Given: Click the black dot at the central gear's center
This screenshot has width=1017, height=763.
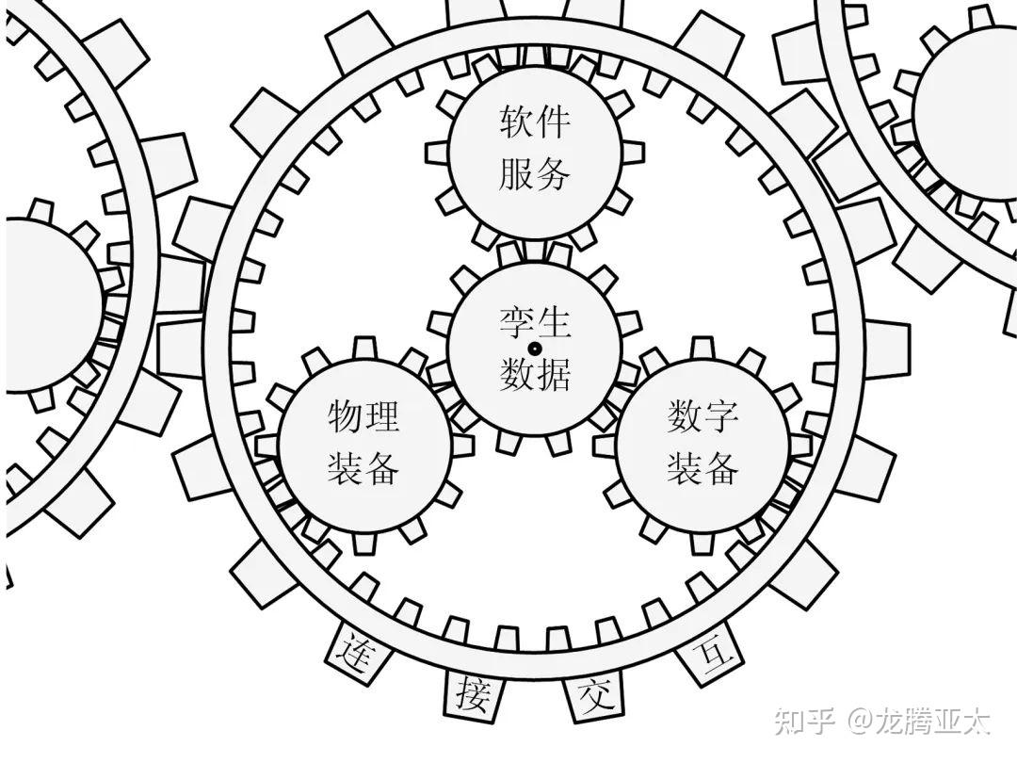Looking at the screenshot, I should coord(534,349).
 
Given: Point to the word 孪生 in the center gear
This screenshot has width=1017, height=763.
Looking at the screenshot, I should coord(534,325).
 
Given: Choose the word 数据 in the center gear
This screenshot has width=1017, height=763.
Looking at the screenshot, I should coord(534,375).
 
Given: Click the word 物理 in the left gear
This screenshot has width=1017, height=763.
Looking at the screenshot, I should coord(363,415).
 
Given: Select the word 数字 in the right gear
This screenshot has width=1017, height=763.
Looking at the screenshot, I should coord(702,415).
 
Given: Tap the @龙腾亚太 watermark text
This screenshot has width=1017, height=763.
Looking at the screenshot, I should coord(918,722).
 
